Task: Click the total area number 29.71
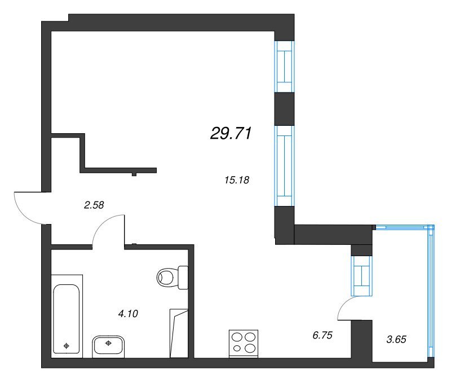point(231,134)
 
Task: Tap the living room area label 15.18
point(237,180)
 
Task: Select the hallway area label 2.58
point(94,205)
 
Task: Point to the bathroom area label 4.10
point(128,314)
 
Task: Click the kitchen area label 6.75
point(322,335)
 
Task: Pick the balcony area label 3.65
point(396,339)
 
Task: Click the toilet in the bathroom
point(173,277)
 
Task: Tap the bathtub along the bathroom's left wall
point(67,319)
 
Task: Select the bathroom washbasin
point(108,346)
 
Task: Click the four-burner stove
point(244,344)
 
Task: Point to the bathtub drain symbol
point(67,346)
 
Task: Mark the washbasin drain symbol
point(108,343)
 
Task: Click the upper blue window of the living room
point(284,67)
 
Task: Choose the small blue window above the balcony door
point(362,276)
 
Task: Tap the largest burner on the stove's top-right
point(250,337)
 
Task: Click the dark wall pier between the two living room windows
point(284,109)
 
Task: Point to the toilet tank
point(183,277)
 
